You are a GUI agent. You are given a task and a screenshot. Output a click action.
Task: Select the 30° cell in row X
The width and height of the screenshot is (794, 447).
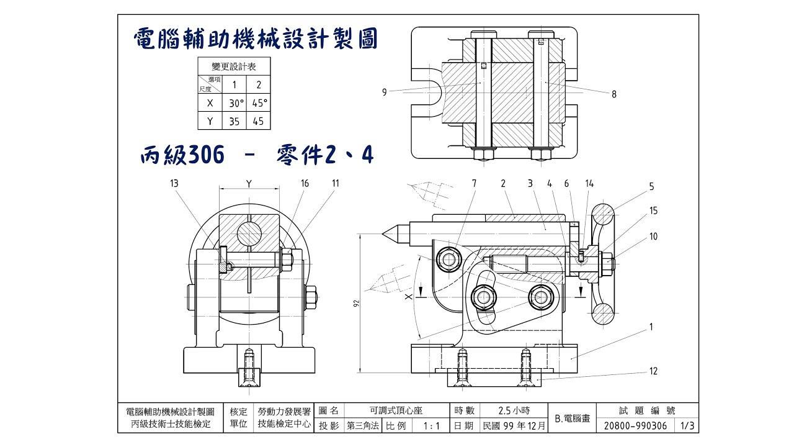[234, 102]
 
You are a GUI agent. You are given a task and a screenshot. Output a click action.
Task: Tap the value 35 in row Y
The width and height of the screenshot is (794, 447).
[234, 121]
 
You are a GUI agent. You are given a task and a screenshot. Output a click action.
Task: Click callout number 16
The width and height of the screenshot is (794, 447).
[305, 183]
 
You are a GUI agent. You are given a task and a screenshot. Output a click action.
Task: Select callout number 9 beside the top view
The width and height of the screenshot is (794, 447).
[385, 93]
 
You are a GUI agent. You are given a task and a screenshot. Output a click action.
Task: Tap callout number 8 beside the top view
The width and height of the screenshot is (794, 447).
[613, 94]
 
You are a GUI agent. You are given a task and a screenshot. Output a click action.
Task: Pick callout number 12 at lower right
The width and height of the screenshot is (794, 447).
[653, 371]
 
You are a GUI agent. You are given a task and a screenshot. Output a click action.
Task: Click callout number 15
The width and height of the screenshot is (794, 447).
[653, 211]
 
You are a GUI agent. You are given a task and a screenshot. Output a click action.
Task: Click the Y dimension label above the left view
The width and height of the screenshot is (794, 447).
[249, 183]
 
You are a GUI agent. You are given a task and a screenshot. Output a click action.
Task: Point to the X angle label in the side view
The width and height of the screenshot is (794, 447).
[408, 297]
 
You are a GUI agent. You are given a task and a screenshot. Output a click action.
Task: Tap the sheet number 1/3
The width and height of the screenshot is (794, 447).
[687, 426]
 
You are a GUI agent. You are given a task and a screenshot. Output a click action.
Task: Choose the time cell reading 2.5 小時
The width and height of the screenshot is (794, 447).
[513, 410]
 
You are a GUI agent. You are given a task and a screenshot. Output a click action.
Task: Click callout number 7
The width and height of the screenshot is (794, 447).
[475, 183]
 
